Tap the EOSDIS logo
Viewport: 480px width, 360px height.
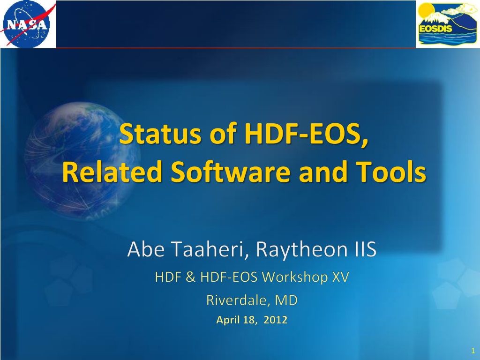(448, 24)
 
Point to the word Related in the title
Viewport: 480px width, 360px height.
(112, 172)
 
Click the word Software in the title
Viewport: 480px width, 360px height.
(230, 172)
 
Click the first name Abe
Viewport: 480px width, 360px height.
(146, 249)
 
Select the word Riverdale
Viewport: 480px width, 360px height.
(238, 300)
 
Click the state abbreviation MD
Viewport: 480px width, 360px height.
(286, 300)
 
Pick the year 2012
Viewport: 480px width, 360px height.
(275, 320)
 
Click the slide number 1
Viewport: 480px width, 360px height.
(473, 351)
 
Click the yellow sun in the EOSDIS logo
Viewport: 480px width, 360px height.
(426, 11)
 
